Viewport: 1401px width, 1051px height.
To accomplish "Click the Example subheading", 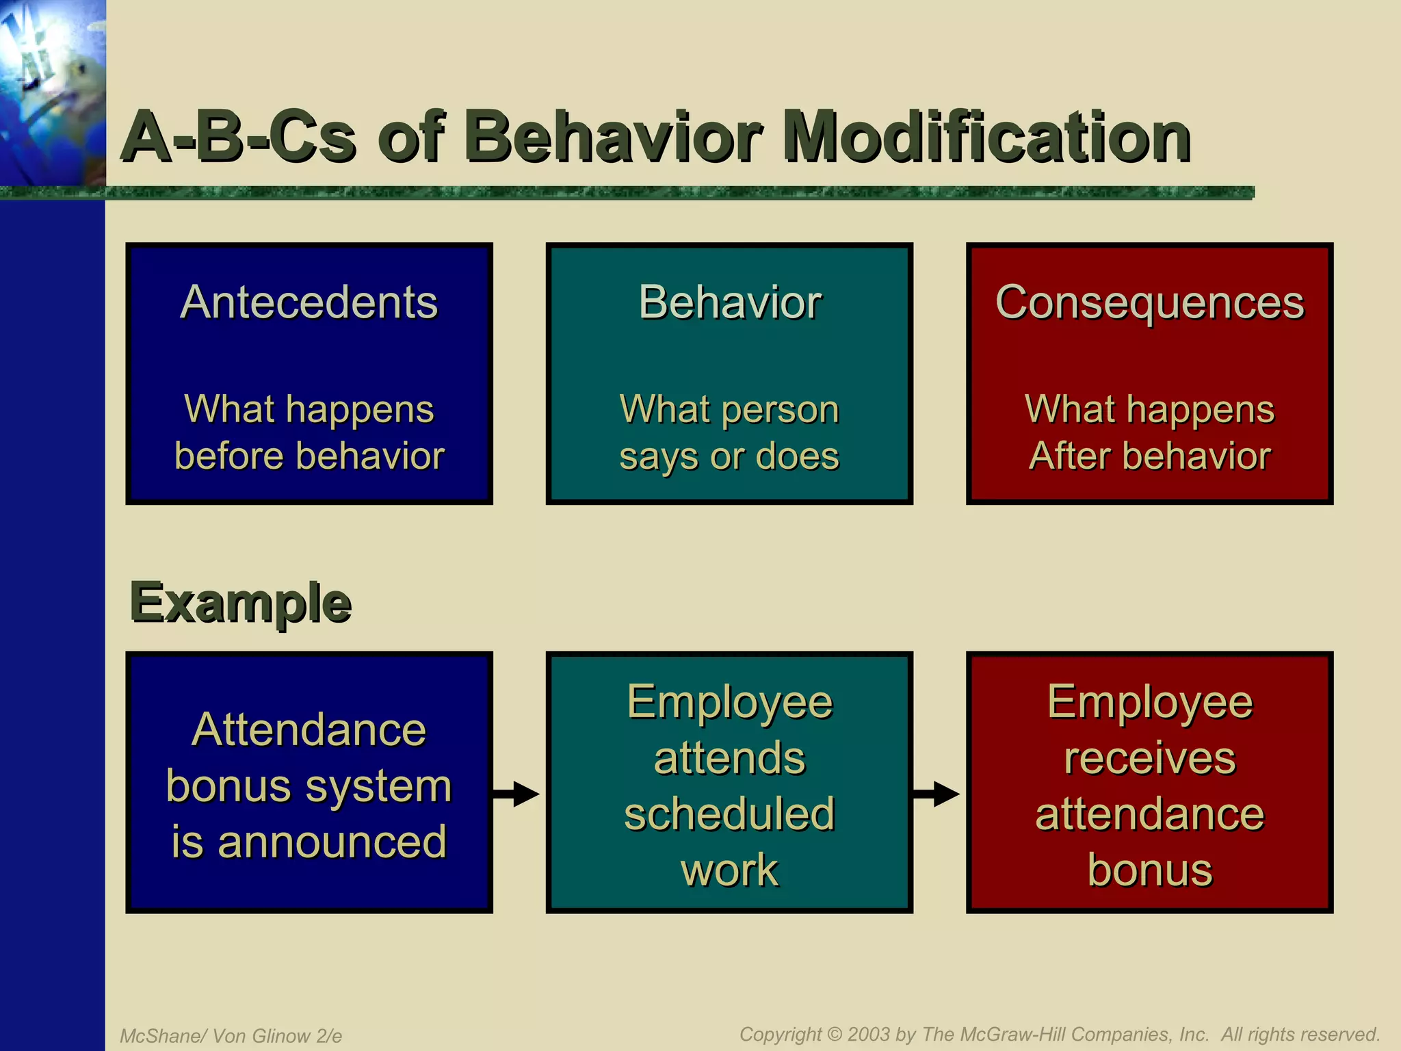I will (x=240, y=603).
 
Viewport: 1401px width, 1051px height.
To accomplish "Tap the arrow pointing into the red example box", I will (x=937, y=794).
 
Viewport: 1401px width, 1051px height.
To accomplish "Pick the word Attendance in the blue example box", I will (x=309, y=729).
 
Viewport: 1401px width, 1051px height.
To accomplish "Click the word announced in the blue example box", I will (x=332, y=842).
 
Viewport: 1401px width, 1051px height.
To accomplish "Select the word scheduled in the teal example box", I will (x=729, y=814).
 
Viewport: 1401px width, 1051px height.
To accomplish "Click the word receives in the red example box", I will (x=1149, y=758).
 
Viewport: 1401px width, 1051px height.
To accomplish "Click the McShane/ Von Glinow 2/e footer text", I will (x=231, y=1036).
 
